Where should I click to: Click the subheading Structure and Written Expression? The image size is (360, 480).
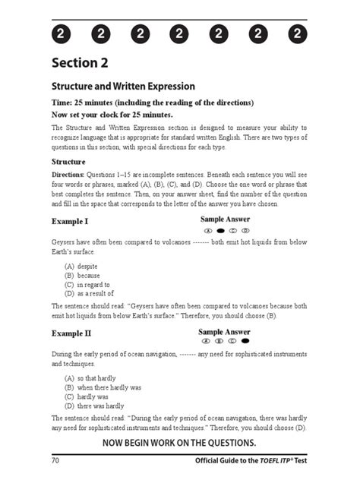pyautogui.click(x=123, y=87)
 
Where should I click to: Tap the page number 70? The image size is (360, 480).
pyautogui.click(x=56, y=461)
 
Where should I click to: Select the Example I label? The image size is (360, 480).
pyautogui.click(x=70, y=221)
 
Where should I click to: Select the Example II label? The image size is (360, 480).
pyautogui.click(x=71, y=333)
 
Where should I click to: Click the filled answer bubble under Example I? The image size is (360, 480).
pyautogui.click(x=221, y=230)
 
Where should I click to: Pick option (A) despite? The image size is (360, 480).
pyautogui.click(x=84, y=267)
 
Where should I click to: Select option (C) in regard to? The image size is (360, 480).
pyautogui.click(x=89, y=284)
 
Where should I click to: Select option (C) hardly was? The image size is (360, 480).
pyautogui.click(x=87, y=396)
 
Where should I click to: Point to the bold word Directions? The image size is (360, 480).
pyautogui.click(x=68, y=175)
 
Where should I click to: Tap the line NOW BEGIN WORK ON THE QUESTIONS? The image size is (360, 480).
pyautogui.click(x=179, y=443)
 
